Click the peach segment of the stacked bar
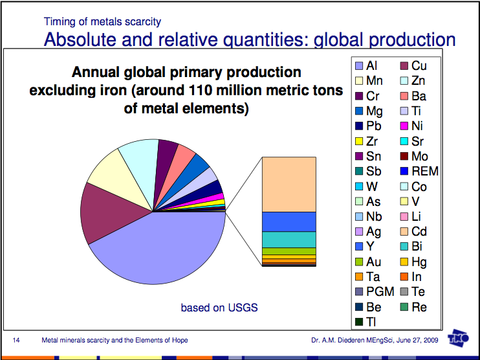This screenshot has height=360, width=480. click(x=289, y=184)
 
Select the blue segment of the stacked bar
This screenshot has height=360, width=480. click(x=289, y=221)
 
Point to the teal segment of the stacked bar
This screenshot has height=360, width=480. click(x=289, y=239)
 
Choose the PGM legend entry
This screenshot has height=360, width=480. click(x=374, y=292)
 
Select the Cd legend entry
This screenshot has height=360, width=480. click(x=412, y=231)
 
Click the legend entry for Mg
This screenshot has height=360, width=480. click(x=367, y=111)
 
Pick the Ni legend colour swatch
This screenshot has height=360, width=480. click(x=402, y=126)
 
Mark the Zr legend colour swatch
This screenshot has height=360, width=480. click(x=357, y=141)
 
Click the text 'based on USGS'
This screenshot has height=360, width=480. click(x=219, y=307)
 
